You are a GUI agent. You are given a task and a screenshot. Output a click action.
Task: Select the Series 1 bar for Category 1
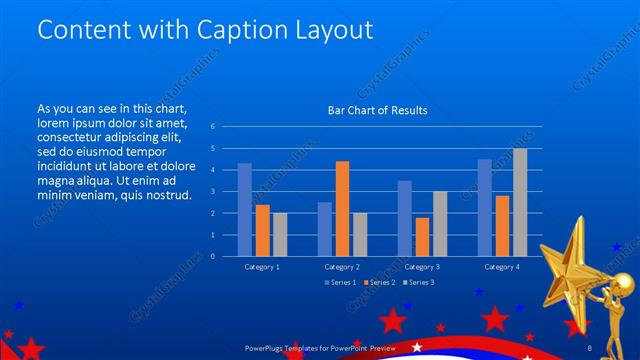coord(244,209)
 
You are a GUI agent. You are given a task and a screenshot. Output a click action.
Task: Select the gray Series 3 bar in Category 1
coord(279,234)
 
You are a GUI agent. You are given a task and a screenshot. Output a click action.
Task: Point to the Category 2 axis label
coord(342,267)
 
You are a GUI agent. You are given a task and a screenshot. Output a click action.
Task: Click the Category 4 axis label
coord(502,267)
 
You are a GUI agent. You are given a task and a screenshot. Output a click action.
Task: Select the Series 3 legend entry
coord(419,283)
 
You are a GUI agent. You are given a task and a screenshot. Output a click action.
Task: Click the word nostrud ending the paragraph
coord(165,194)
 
